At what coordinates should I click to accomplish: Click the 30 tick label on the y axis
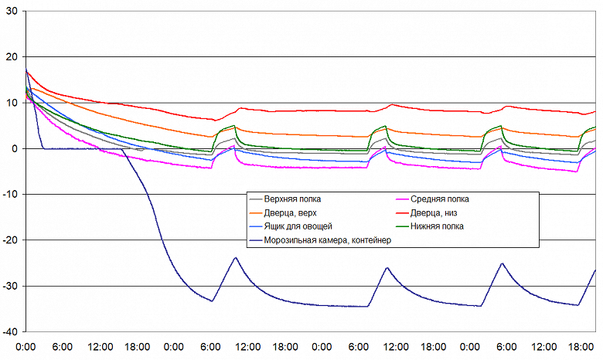(x=12, y=12)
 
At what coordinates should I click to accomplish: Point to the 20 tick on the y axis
(x=12, y=57)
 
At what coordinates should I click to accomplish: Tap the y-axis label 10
(x=12, y=103)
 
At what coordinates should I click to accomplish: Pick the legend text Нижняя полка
(x=440, y=226)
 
